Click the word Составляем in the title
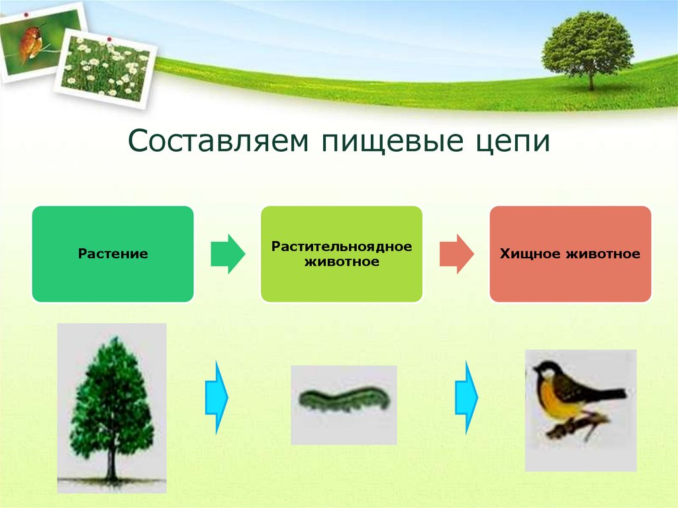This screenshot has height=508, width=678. point(218,140)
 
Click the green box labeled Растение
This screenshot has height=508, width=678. point(113,254)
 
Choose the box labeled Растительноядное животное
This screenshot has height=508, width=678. point(342,254)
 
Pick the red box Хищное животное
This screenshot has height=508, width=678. point(570,254)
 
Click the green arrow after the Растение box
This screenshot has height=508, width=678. point(228,254)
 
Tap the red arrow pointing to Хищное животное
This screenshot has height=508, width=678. point(457,254)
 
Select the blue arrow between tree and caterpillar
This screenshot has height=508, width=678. point(217,397)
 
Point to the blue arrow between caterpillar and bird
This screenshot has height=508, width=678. point(467,397)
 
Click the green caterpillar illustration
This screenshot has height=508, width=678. point(344,399)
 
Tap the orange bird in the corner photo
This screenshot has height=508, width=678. point(29,43)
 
